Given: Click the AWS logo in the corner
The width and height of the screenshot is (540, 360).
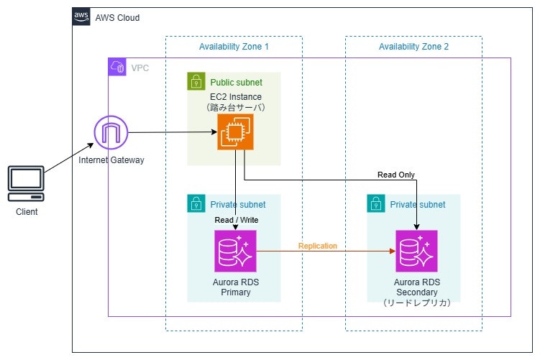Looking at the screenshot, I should point(82,17).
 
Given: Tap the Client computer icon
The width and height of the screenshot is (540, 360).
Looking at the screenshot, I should point(26,184).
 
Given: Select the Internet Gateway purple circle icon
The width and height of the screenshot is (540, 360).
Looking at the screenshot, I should point(111,133).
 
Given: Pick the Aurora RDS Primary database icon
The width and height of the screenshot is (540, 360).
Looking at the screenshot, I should point(235,251).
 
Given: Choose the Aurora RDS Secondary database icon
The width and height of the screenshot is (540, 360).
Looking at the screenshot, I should point(416,251).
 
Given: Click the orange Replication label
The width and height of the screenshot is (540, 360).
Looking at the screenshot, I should point(318,246).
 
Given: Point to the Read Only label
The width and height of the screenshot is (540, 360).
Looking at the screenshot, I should point(396,175).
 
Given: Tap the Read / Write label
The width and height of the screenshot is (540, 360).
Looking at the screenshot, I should point(236,220).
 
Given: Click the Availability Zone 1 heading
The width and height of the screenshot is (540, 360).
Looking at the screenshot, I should point(234,47).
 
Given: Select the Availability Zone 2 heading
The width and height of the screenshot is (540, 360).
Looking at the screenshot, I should point(413,47).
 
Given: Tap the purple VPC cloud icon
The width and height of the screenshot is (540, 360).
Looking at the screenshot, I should point(117,68).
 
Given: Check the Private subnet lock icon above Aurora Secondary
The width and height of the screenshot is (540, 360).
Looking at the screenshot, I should point(376,204).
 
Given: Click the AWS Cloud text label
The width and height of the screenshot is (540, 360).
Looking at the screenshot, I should point(117,17).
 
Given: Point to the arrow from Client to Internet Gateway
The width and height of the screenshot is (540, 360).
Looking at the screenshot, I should point(70,154).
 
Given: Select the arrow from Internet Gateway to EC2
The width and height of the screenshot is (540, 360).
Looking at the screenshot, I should point(173,132).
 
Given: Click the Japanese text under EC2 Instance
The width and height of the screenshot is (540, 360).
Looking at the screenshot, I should point(236,107).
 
